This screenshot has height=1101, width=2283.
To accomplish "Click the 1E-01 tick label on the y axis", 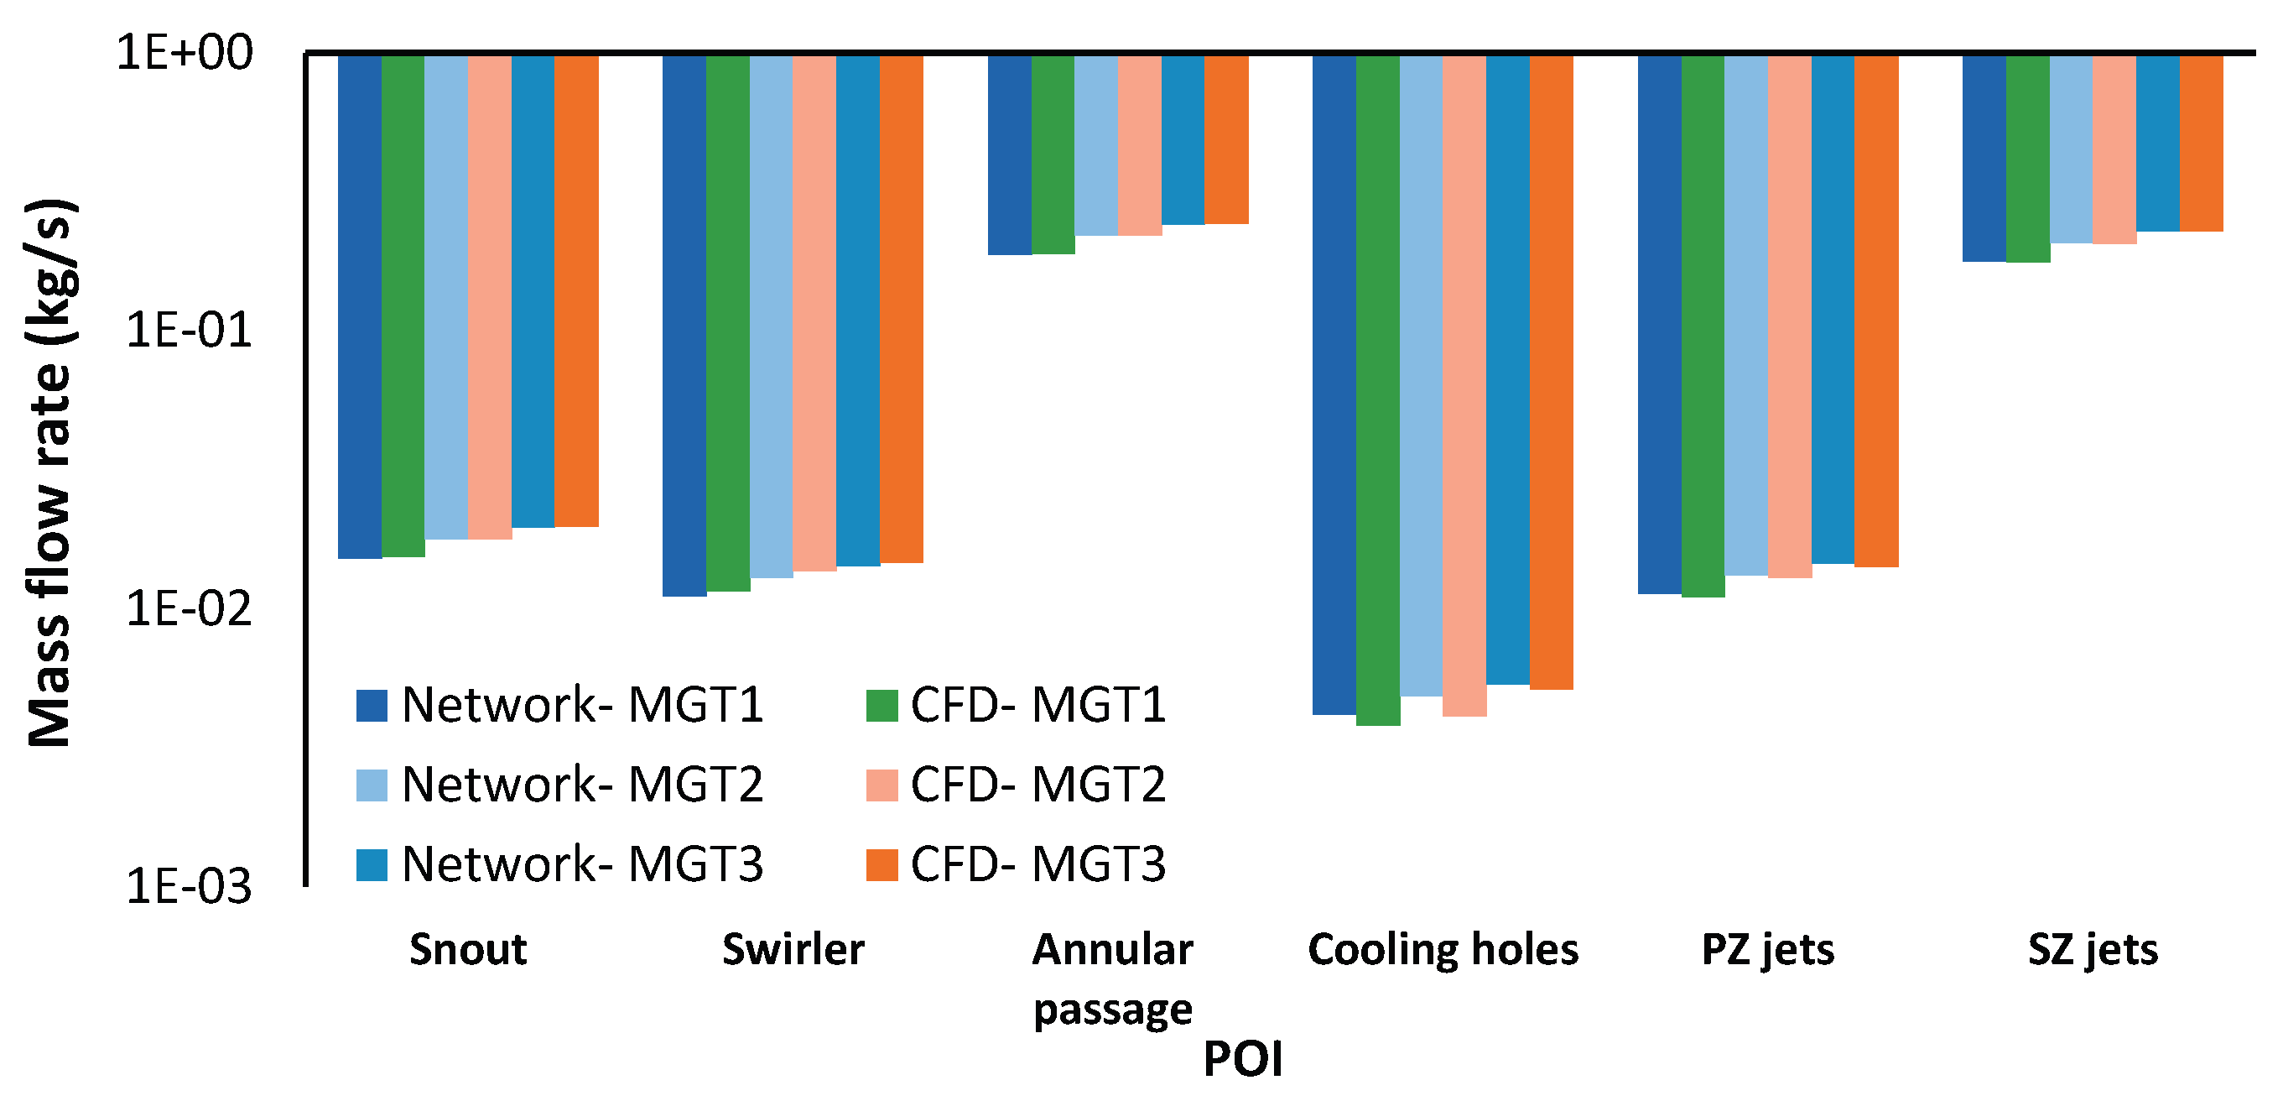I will (x=189, y=331).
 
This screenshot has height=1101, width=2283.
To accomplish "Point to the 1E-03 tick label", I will (x=189, y=886).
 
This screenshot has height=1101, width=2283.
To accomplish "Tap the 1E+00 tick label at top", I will (x=185, y=52).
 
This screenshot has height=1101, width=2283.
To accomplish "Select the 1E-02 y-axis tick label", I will (x=189, y=609).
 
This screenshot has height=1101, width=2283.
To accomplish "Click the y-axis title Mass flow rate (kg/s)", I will (x=50, y=472).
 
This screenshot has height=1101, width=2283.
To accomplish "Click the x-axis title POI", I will (x=1242, y=1059).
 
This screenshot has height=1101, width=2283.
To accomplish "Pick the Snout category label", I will (x=468, y=949).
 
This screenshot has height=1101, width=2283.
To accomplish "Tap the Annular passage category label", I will (x=1112, y=978).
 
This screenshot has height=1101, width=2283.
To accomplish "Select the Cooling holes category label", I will (x=1443, y=949).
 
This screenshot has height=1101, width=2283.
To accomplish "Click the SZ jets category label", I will (x=2093, y=949).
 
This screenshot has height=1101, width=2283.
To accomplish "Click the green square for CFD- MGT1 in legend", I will (x=881, y=706).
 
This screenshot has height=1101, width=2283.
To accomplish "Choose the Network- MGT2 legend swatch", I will (x=372, y=785).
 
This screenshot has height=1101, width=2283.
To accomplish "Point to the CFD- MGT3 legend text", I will (x=1037, y=864).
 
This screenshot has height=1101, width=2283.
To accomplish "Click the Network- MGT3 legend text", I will (x=582, y=864).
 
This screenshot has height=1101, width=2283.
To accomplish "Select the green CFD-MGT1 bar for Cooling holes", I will (x=1377, y=390).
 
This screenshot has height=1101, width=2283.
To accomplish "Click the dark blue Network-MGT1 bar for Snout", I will (x=359, y=305).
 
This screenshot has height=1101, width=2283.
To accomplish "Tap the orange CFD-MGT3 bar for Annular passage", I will (x=1226, y=139).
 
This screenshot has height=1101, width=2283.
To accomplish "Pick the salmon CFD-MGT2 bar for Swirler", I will (x=814, y=312).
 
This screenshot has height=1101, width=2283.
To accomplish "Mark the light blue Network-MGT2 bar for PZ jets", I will (x=1746, y=315).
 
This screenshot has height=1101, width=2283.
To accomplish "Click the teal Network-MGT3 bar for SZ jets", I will (x=2157, y=143).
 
